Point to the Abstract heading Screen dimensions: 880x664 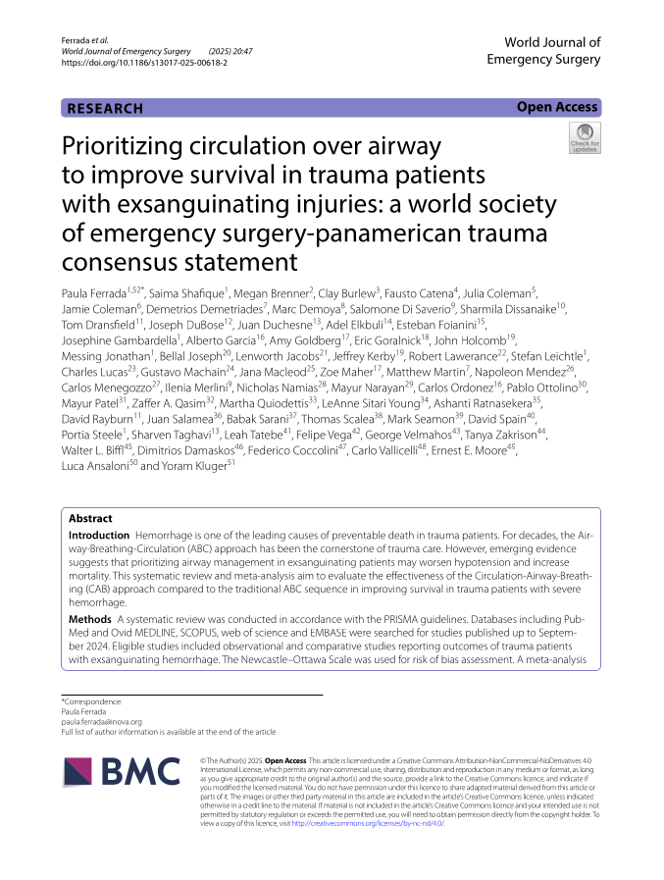90,518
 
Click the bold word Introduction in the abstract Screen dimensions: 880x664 98,536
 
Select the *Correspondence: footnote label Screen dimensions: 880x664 92,701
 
